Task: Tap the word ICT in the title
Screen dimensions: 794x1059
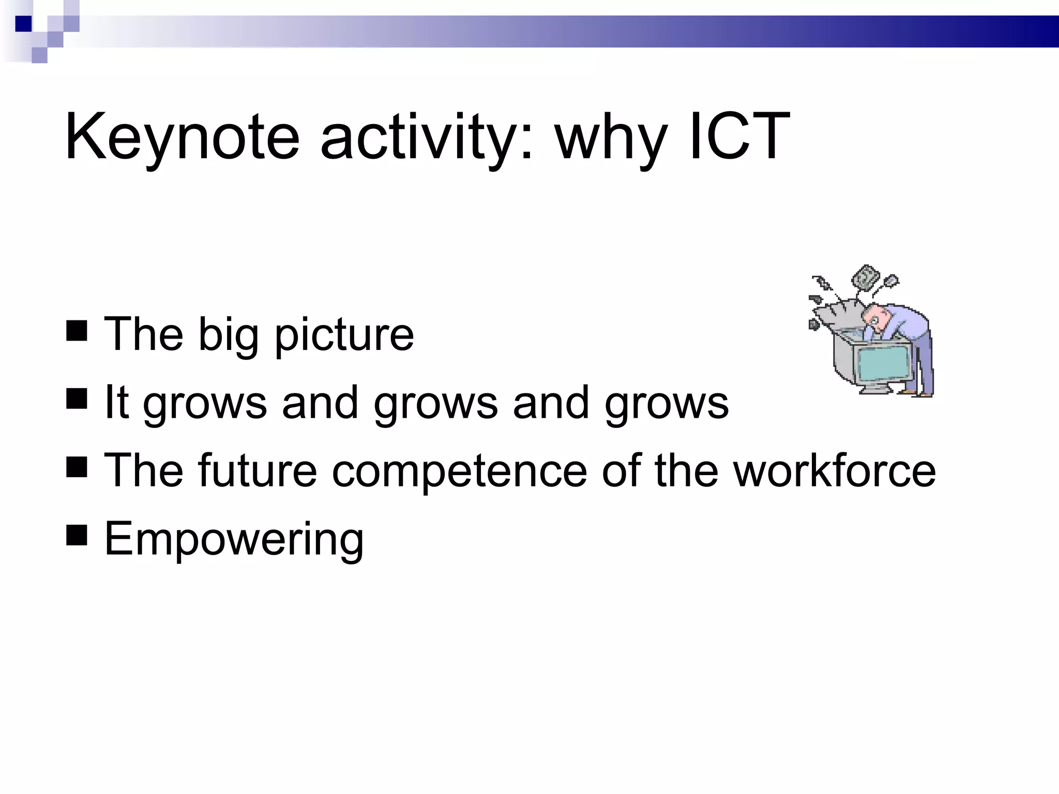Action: click(739, 136)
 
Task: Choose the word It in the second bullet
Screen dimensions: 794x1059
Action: click(116, 402)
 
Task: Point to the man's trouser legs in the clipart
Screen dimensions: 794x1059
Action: click(924, 367)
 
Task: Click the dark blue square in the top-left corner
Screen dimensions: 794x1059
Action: click(24, 24)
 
